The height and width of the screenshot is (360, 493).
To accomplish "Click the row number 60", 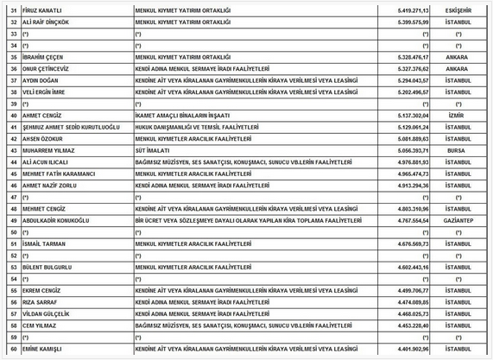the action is [x=11, y=351].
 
